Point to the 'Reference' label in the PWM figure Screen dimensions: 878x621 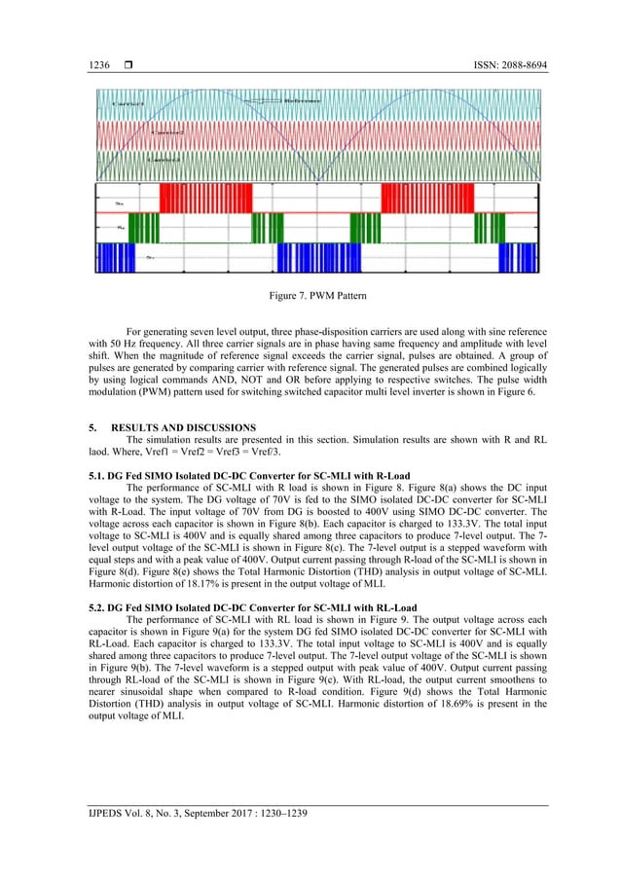pos(305,100)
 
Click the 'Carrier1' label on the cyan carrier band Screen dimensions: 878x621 pos(128,102)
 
